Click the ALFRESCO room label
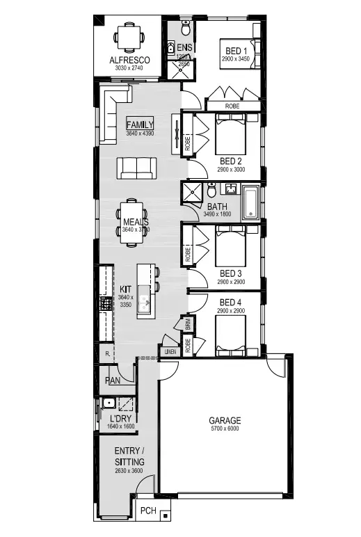[126, 61]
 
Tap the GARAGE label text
[225, 421]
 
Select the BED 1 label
[236, 51]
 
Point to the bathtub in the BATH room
[252, 203]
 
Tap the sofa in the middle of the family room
[136, 167]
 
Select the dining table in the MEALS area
[131, 223]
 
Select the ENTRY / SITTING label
[129, 456]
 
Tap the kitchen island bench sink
[145, 303]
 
